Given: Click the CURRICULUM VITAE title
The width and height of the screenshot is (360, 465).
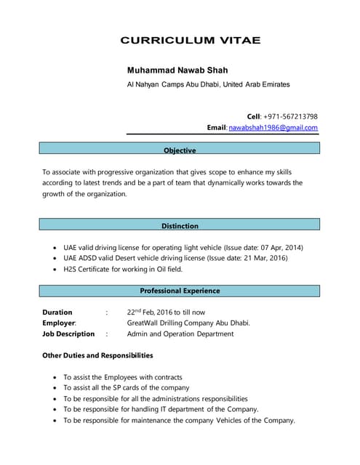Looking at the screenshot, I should point(190,41).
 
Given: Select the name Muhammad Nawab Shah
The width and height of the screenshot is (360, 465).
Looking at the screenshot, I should point(177,70).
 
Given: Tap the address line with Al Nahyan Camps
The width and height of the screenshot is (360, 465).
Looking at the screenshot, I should point(208,84).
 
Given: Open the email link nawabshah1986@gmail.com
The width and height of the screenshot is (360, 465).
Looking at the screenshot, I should point(273,128).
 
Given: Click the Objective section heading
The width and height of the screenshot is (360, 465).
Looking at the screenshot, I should point(180,150).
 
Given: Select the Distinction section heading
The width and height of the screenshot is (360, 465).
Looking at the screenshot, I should point(180,226).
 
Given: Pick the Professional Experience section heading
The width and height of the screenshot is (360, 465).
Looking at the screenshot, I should point(180,291).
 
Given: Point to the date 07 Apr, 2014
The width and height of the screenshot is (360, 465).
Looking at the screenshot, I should point(279,248).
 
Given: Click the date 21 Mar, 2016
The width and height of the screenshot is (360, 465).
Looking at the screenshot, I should point(263,258).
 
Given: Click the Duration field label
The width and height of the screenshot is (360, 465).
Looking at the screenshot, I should point(57,312).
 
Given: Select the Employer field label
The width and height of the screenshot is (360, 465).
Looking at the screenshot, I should point(60,323).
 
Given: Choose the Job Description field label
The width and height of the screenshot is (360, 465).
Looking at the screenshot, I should point(68,334).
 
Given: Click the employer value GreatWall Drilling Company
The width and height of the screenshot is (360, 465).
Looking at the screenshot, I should point(188,323).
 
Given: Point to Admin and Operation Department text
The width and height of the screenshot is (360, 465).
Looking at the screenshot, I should point(180,334).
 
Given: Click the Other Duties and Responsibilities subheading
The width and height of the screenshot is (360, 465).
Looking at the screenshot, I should point(97,355).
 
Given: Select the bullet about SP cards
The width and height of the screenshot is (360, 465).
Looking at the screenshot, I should point(127,388).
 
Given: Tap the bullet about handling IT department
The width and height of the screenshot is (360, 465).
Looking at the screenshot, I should point(161,409).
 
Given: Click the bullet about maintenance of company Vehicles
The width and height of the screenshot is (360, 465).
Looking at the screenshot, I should point(179,420).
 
